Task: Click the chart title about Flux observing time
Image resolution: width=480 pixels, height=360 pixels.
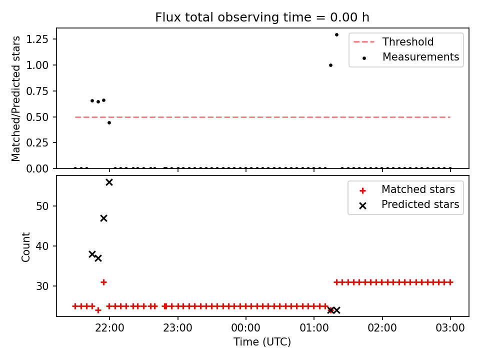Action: [x=262, y=17]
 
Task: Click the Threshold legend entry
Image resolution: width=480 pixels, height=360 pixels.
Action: [x=393, y=41]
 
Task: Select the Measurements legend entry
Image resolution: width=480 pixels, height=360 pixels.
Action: [x=410, y=57]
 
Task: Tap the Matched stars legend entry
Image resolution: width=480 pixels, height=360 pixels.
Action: [x=407, y=189]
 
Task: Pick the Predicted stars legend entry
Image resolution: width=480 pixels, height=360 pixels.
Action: [x=409, y=204]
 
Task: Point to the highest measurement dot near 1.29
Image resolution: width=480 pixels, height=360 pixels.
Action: [x=336, y=35]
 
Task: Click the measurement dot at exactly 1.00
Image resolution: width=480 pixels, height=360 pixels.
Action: [x=330, y=65]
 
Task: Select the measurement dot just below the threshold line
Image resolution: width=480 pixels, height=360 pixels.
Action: [x=109, y=123]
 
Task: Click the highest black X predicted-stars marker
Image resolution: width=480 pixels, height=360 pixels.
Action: [x=109, y=182]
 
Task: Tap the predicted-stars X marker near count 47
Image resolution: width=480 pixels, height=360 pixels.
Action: [x=104, y=218]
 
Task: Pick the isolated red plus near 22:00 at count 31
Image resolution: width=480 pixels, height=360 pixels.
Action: [x=104, y=282]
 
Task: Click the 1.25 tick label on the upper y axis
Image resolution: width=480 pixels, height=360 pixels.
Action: [x=37, y=39]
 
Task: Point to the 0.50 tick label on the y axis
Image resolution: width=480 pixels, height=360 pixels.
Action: [x=37, y=117]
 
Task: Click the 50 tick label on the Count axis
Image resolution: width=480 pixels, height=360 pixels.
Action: [x=42, y=206]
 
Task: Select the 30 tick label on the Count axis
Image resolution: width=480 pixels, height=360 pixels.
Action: [x=42, y=286]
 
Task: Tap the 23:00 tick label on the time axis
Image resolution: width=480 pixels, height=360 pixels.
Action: [x=177, y=328]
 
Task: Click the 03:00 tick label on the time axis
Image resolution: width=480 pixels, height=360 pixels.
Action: [x=450, y=328]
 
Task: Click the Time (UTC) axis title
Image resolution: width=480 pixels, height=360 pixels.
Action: [x=262, y=341]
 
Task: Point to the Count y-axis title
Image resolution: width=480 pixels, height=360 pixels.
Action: [x=25, y=247]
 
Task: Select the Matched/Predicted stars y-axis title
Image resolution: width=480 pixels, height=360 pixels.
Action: [x=15, y=98]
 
